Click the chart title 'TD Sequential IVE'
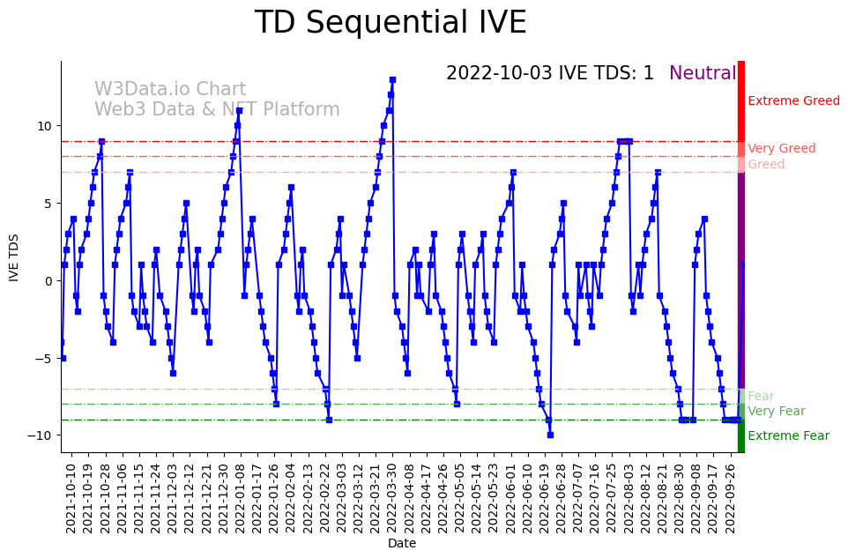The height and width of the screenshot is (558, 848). pos(391,23)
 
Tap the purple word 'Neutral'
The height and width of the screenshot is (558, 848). pos(702,74)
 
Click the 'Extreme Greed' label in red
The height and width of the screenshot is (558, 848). pos(793,101)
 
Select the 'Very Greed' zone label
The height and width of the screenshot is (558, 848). pos(781,149)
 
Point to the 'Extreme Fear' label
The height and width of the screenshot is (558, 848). pos(788,436)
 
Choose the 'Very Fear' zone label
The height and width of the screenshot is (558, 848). pos(776,412)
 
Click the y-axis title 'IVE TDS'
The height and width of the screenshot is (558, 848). pos(14,257)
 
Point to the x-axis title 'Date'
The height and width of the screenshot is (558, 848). pos(402,544)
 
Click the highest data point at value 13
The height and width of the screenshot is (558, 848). pos(392,80)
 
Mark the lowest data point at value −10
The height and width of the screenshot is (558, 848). pos(550,435)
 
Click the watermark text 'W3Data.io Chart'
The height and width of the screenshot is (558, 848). pos(170,90)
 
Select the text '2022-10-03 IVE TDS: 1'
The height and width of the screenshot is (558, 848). pos(550,74)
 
